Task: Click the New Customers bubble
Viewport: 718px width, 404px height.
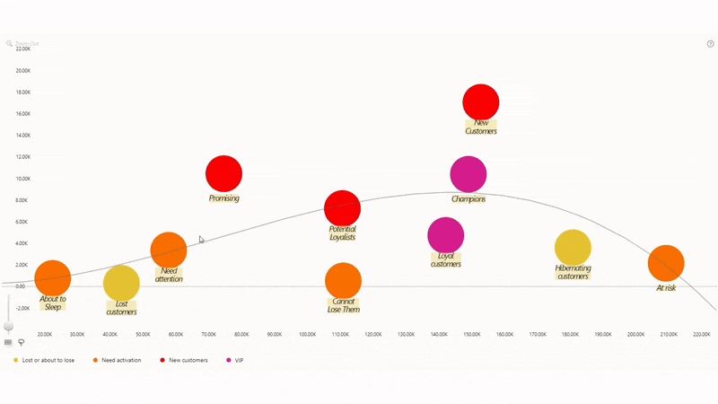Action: pos(481,101)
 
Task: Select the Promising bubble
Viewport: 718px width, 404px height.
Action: pos(224,174)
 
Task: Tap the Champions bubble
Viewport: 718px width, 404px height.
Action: pos(468,174)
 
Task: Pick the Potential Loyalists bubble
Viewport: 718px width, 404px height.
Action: pos(342,209)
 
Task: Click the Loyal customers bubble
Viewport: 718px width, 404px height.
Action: pos(446,235)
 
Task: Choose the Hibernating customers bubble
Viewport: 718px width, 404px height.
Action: pos(573,249)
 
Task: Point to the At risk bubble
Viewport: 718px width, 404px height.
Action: pos(666,264)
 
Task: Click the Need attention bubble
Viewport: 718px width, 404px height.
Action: pos(169,250)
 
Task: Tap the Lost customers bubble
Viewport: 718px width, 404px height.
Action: pos(122,284)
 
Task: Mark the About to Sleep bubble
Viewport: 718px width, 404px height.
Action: pos(53,278)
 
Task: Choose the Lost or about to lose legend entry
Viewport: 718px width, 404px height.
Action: pos(44,360)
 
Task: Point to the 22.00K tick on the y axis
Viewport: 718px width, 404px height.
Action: pos(22,49)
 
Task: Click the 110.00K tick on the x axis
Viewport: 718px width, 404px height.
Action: pos(340,334)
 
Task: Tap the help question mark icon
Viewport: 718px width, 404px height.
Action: pos(710,43)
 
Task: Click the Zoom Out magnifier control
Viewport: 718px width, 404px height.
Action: pos(10,43)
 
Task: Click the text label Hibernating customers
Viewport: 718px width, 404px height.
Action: pos(573,272)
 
